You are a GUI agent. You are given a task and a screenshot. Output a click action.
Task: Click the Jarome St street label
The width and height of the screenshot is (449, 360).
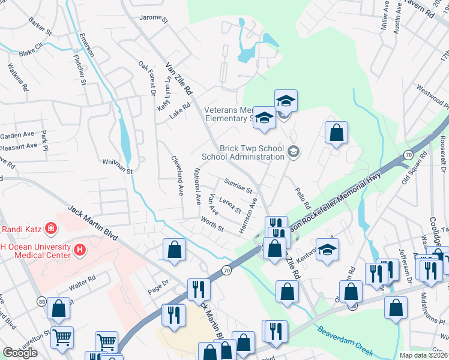point(154,19)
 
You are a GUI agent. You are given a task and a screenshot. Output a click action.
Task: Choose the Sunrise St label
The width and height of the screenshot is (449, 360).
point(238,185)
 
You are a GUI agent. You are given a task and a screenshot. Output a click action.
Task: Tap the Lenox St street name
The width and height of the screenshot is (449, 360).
point(230,205)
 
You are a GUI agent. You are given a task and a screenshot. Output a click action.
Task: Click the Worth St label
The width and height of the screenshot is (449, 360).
point(212,226)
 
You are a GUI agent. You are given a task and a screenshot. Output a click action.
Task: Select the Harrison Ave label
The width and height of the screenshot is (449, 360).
point(248,215)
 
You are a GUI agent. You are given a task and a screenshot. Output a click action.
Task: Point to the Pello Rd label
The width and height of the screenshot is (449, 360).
point(302,197)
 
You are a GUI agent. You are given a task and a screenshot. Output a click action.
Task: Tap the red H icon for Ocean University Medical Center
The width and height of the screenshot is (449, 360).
point(80,248)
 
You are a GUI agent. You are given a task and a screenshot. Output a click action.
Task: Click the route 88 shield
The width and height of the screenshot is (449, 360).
point(41,301)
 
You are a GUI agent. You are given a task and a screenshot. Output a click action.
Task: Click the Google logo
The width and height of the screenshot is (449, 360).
point(20,353)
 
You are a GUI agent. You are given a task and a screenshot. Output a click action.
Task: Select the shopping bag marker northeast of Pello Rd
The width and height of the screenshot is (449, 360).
point(337,133)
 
